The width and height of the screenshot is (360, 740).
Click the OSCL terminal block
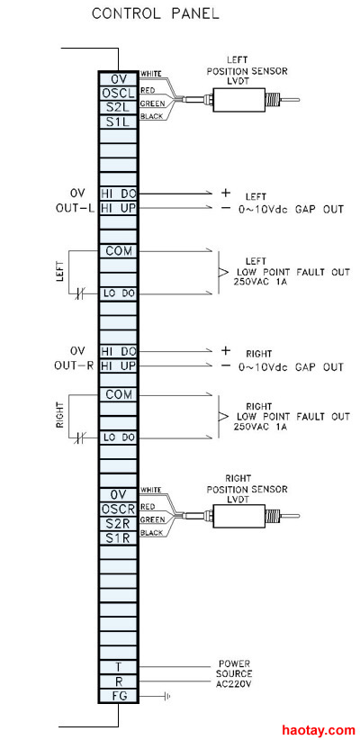[118, 93]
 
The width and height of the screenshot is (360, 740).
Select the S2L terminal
[118, 107]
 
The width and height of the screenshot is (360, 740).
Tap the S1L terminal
[118, 122]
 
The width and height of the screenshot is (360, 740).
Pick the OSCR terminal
[118, 510]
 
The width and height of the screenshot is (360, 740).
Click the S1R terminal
[118, 538]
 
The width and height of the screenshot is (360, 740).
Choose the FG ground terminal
[118, 696]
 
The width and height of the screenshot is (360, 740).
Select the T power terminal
[118, 667]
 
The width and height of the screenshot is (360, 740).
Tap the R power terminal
[118, 681]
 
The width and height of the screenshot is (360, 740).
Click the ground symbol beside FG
[167, 696]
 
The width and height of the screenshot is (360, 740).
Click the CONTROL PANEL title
[155, 14]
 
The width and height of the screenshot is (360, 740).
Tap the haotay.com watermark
[319, 730]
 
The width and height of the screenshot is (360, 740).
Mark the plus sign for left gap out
[226, 193]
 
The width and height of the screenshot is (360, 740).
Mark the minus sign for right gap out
[226, 365]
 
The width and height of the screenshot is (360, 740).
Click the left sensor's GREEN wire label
[152, 103]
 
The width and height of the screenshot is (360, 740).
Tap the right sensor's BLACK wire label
[151, 533]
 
